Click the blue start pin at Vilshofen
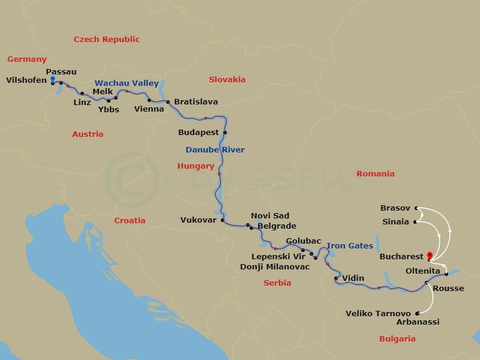click(x=53, y=79)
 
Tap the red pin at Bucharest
click(x=430, y=256)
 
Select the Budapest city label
click(x=198, y=131)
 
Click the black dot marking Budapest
click(x=226, y=132)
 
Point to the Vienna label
click(x=149, y=109)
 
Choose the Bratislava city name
click(x=196, y=102)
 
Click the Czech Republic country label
click(x=107, y=40)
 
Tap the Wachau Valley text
click(x=127, y=83)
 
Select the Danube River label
click(x=215, y=149)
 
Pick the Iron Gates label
click(x=350, y=246)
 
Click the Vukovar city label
click(x=198, y=220)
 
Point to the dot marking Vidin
click(x=336, y=278)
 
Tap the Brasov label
click(x=395, y=208)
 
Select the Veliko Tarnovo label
click(x=378, y=313)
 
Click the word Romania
click(x=376, y=174)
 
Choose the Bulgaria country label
click(x=397, y=339)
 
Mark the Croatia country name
click(x=130, y=220)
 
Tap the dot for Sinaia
click(x=415, y=222)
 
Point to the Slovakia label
click(x=227, y=80)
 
